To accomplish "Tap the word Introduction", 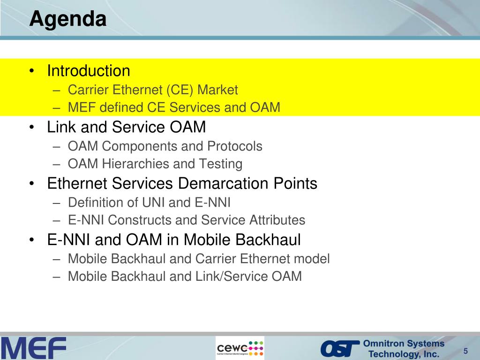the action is click(89, 71).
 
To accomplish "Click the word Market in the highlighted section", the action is click(217, 90).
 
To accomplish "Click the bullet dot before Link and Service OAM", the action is click(32, 127).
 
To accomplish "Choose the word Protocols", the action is click(235, 146).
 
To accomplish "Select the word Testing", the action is click(221, 164).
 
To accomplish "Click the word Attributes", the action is click(277, 220).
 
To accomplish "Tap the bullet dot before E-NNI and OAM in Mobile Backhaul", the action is click(32, 240).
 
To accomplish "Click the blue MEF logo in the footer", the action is click(33, 348).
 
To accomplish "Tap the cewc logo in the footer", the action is click(240, 348).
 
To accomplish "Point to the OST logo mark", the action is click(340, 349).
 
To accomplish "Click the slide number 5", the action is click(465, 351).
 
